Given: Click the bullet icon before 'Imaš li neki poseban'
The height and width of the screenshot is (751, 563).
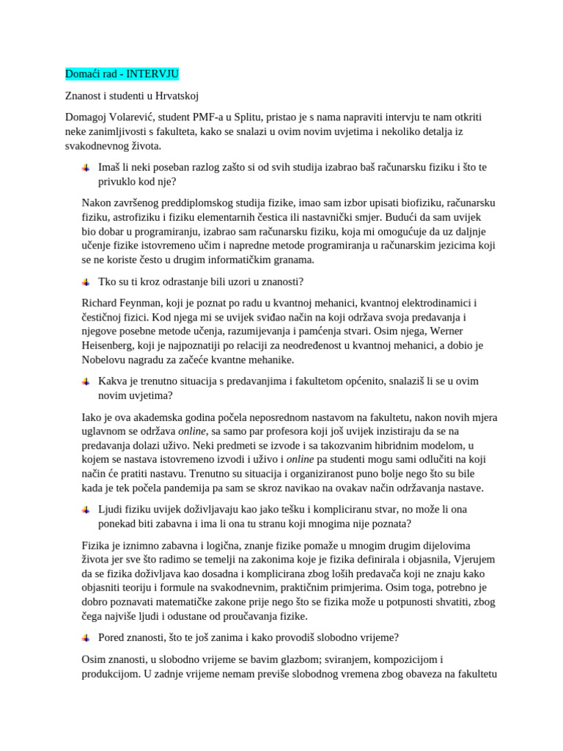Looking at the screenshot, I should pyautogui.click(x=87, y=167).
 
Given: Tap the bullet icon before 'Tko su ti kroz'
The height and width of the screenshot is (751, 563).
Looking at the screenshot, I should pyautogui.click(x=87, y=281).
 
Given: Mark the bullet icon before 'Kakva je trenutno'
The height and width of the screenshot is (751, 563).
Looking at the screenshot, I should pyautogui.click(x=87, y=381).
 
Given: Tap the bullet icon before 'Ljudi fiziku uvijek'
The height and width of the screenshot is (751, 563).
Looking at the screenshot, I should pyautogui.click(x=87, y=509).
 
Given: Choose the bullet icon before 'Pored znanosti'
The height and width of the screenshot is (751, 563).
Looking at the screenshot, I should pyautogui.click(x=87, y=637).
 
